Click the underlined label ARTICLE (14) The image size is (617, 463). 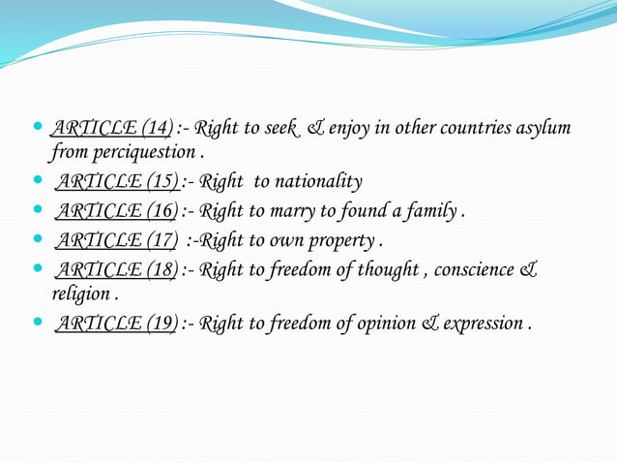[111, 128]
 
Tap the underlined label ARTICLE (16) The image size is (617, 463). [116, 210]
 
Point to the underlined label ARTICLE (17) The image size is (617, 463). [116, 239]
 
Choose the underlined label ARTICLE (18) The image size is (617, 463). [116, 268]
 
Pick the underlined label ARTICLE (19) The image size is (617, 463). [116, 323]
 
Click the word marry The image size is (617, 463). [292, 210]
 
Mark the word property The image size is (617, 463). [343, 239]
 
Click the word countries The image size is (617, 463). [447, 128]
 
